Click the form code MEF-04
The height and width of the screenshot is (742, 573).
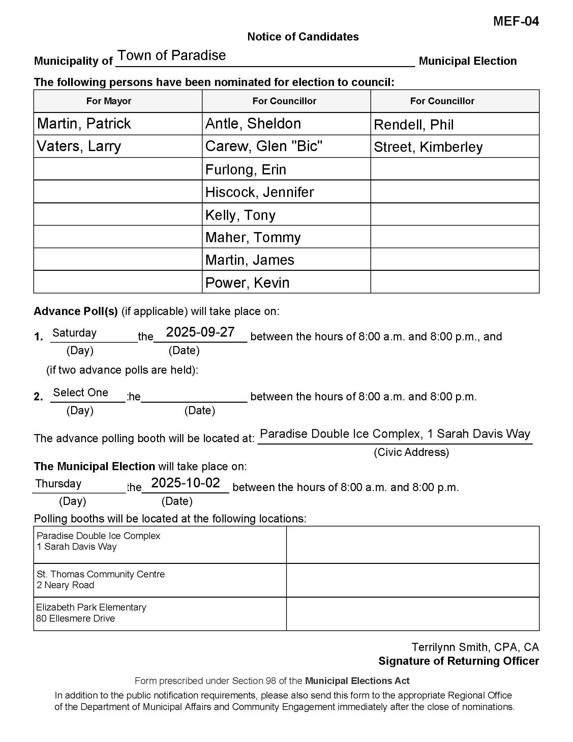[x=516, y=21]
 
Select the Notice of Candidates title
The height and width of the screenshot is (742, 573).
[x=303, y=37]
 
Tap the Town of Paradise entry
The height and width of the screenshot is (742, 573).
[x=172, y=55]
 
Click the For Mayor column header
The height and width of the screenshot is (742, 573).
[x=109, y=101]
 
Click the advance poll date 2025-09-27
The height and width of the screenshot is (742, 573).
[x=200, y=332]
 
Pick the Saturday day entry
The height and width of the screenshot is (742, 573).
[x=75, y=333]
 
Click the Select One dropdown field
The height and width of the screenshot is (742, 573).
[x=81, y=392]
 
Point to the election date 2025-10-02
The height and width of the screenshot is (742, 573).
[x=186, y=483]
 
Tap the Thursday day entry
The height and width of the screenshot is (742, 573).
[x=58, y=483]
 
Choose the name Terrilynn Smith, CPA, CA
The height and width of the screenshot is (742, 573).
[x=475, y=647]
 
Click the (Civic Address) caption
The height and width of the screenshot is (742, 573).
[x=411, y=452]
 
